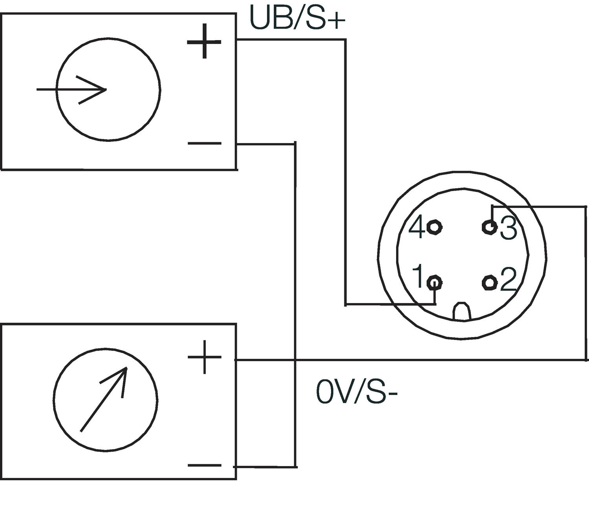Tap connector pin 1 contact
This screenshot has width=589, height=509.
click(x=435, y=282)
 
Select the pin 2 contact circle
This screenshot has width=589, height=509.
click(x=489, y=283)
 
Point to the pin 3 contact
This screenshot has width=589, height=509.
click(x=489, y=227)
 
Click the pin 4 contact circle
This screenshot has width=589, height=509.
click(x=434, y=227)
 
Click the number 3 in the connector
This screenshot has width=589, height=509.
click(x=509, y=228)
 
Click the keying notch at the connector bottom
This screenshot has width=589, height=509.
click(x=462, y=311)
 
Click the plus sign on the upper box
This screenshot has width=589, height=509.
click(x=204, y=41)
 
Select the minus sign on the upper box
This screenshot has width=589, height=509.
click(x=205, y=143)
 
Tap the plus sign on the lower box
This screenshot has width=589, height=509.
click(x=204, y=357)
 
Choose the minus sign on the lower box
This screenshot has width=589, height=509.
click(x=205, y=466)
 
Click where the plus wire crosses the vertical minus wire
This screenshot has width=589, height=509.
click(x=295, y=360)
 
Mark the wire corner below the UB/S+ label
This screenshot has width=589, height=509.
click(x=346, y=39)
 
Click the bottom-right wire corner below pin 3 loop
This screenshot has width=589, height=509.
click(x=586, y=359)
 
